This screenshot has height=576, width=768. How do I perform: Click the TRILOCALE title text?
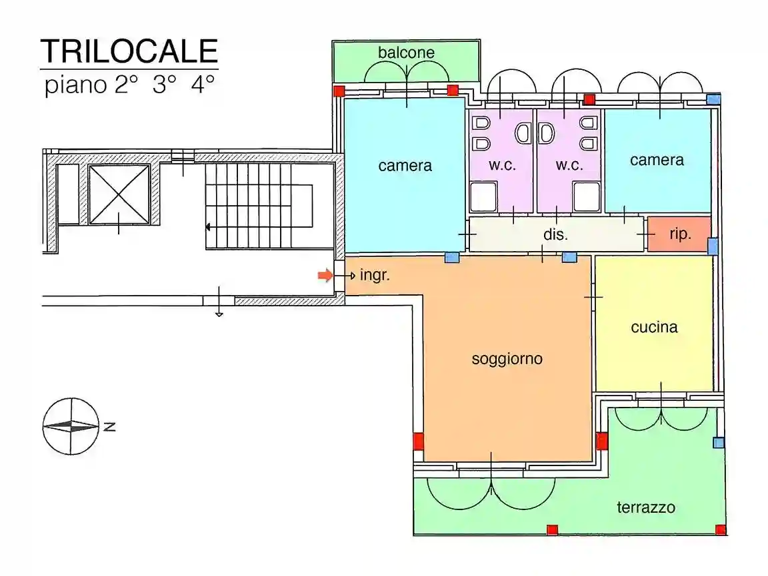129,51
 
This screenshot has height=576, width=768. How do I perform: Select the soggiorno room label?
507,359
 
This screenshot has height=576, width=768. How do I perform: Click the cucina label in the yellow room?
654,327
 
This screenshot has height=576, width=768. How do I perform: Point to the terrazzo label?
645,507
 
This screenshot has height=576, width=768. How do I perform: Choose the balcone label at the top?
406,53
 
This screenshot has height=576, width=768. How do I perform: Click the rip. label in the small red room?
680,234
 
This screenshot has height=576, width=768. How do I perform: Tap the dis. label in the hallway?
555,234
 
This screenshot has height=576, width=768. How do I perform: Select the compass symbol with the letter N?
71,426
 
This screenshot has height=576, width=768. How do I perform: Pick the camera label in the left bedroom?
405,165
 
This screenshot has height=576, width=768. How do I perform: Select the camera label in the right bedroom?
657,160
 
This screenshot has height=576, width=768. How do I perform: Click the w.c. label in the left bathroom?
502,165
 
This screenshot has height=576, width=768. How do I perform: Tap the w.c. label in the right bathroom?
569,165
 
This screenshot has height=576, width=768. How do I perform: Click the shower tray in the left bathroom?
484,198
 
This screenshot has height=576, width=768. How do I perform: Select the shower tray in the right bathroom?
587,198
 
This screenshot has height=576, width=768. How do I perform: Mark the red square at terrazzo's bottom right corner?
720,529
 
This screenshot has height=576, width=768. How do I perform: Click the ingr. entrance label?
374,275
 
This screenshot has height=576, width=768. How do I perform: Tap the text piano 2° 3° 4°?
130,86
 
